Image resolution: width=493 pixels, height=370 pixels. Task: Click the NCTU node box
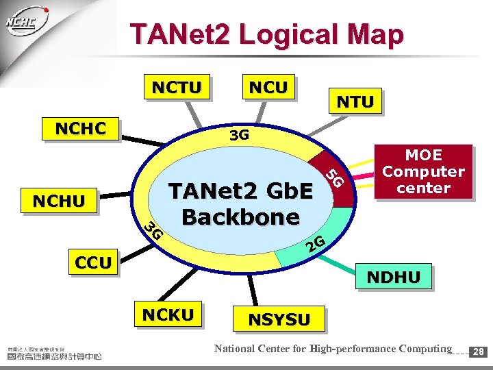177,88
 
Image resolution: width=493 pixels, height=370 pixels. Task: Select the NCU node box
268,87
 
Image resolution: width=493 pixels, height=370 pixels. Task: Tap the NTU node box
355,102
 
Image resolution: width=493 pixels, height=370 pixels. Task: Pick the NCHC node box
80,129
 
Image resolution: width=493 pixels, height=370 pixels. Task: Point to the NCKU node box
167,314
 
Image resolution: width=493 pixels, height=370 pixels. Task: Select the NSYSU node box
279,319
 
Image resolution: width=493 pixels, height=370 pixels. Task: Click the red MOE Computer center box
424,172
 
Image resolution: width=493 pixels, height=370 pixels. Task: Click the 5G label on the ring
333,179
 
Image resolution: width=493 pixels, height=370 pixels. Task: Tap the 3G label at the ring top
239,135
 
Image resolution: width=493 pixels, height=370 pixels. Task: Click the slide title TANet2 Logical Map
267,34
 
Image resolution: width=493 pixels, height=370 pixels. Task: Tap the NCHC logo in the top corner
26,22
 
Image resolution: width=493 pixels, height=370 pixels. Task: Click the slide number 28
478,351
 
